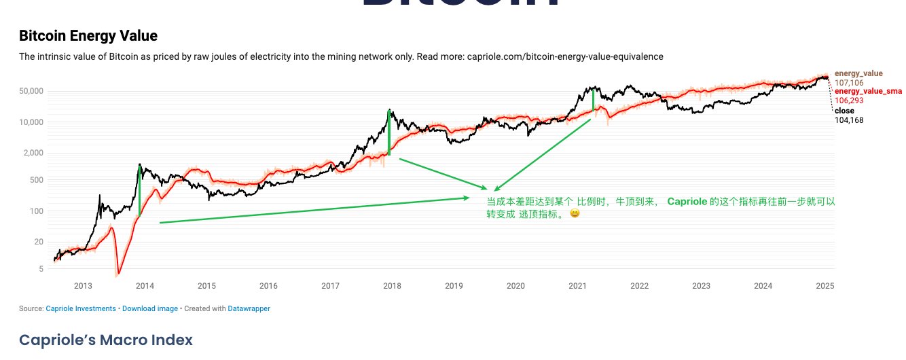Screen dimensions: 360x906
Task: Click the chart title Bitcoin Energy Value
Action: pos(88,36)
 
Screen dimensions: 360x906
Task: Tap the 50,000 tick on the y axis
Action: pos(30,91)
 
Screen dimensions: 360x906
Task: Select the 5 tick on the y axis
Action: pos(41,269)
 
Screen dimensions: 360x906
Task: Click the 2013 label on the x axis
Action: pos(83,286)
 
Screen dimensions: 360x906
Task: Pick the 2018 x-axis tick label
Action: pos(392,286)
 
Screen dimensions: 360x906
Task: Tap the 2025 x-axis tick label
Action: pos(825,286)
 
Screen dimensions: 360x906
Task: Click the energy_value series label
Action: pos(858,73)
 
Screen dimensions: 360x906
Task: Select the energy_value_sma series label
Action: pos(868,91)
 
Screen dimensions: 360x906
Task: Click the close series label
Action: pos(844,111)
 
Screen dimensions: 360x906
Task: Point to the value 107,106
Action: pos(849,82)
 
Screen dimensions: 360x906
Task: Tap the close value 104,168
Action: pos(849,120)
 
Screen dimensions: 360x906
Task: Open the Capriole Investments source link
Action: pos(81,308)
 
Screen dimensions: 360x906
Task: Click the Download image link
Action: pos(150,308)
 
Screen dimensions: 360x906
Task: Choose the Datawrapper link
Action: pos(249,308)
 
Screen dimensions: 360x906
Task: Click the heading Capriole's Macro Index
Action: pos(105,340)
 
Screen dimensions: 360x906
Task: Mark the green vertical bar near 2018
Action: pos(389,133)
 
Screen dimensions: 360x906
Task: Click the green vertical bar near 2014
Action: pos(139,192)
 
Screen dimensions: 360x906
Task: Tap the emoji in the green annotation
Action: pos(575,213)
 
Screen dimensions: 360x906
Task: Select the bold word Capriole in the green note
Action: pos(687,202)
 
